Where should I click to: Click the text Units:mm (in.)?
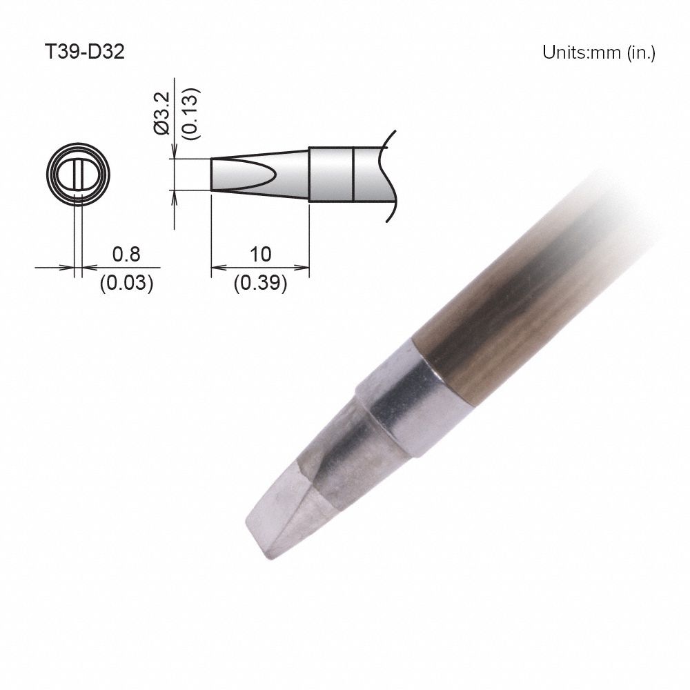pos(598,53)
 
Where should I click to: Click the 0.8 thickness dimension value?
pos(126,255)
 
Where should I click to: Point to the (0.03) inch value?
pos(126,283)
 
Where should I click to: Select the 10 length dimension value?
pos(260,255)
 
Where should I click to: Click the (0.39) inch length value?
pos(260,283)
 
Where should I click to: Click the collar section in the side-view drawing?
pos(331,174)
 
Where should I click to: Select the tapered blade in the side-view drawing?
pos(259,174)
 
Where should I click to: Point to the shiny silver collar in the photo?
pos(407,404)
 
